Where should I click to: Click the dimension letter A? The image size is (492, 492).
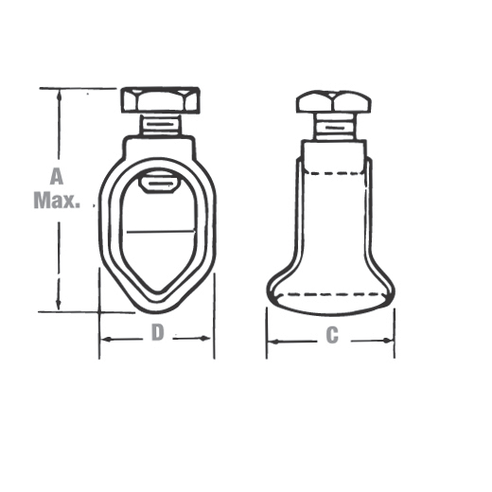(x=57, y=176)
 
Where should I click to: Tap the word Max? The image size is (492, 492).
(x=57, y=200)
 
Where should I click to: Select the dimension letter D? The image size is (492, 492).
(x=158, y=332)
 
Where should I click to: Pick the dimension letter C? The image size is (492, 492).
(x=332, y=335)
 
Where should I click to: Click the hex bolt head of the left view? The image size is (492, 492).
(x=160, y=100)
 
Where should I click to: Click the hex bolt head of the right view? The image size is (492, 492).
(x=334, y=101)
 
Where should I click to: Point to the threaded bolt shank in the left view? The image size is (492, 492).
(x=161, y=125)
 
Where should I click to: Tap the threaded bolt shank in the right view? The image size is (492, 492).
(x=335, y=127)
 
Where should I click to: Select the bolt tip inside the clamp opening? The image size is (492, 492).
(x=158, y=183)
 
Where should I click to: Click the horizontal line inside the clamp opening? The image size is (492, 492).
(x=161, y=232)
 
